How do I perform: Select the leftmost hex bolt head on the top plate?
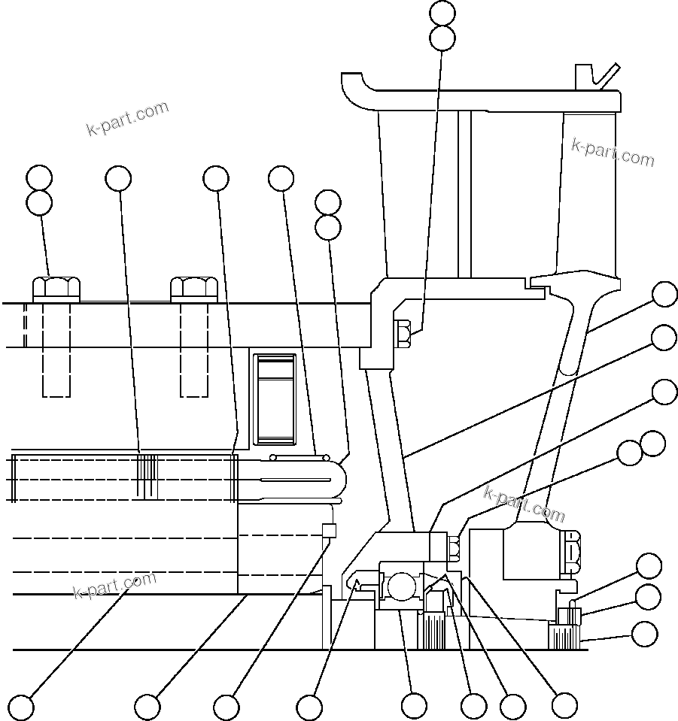[x=56, y=289]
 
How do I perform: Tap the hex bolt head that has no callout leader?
[x=194, y=289]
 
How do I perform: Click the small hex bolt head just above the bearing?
[x=454, y=545]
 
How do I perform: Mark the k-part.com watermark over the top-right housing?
[x=613, y=153]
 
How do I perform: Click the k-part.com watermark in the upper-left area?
[x=128, y=119]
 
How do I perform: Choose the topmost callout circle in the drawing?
[x=442, y=13]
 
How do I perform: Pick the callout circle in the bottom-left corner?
[x=21, y=707]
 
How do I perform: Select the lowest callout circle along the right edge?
[x=644, y=634]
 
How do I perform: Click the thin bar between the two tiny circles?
[x=299, y=456]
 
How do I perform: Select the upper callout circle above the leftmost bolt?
[x=39, y=179]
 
